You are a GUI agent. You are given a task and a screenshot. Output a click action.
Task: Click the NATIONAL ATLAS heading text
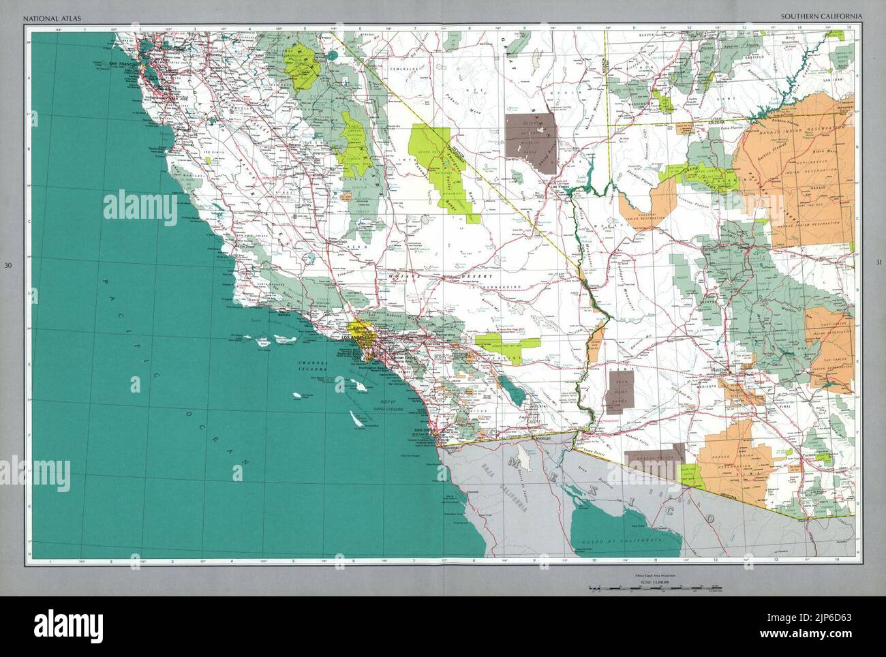click(x=48, y=15)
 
